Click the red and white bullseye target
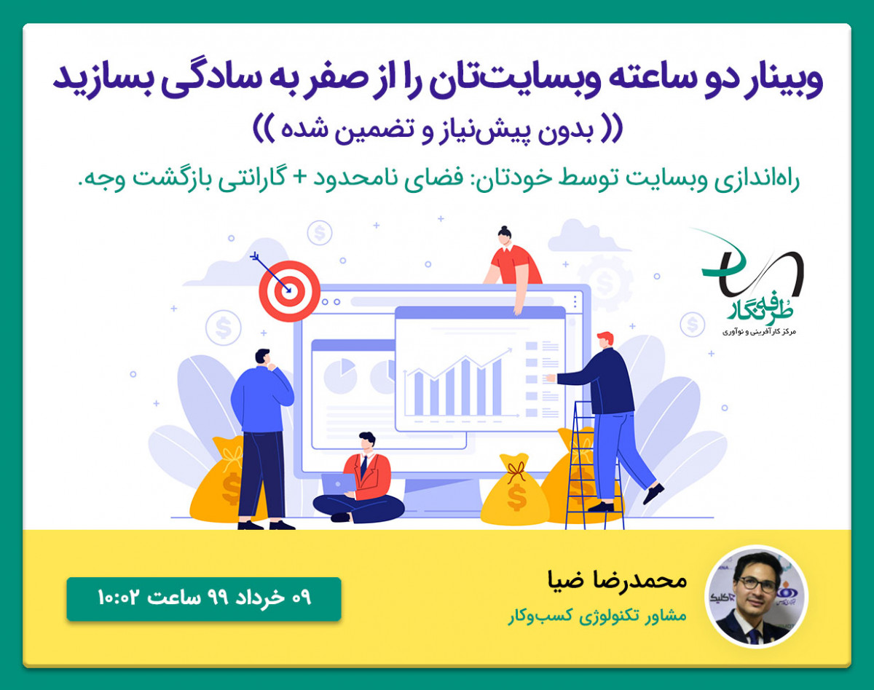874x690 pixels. click(289, 291)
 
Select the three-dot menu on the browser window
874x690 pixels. click(576, 301)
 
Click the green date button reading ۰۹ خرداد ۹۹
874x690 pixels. click(204, 598)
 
